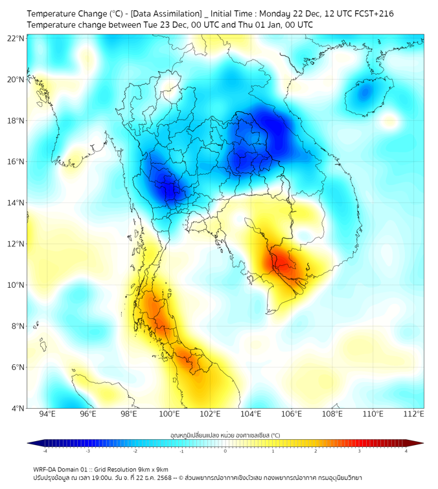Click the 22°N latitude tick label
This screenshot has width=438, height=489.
pyautogui.click(x=16, y=38)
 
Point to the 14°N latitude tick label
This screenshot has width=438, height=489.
pyautogui.click(x=16, y=202)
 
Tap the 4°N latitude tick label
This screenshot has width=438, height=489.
pyautogui.click(x=17, y=408)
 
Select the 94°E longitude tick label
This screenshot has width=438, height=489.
pyautogui.click(x=47, y=414)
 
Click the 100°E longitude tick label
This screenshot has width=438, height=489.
pyautogui.click(x=170, y=414)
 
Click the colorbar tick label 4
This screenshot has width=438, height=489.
pyautogui.click(x=406, y=451)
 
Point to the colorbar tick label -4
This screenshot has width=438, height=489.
pyautogui.click(x=45, y=451)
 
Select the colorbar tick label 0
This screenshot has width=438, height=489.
pyautogui.click(x=225, y=451)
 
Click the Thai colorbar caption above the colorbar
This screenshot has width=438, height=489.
pyautogui.click(x=225, y=435)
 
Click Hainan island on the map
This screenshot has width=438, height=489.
pyautogui.click(x=366, y=95)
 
